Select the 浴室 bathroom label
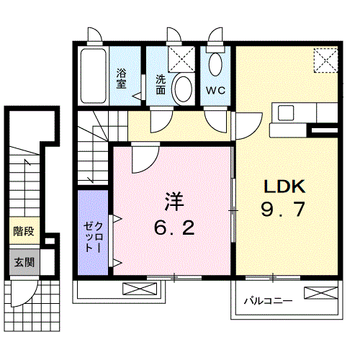pyautogui.click(x=122, y=78)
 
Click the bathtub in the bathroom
pyautogui.click(x=92, y=77)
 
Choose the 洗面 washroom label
pyautogui.click(x=160, y=84)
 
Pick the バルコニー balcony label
pyautogui.click(x=266, y=301)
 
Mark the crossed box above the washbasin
pyautogui.click(x=183, y=57)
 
